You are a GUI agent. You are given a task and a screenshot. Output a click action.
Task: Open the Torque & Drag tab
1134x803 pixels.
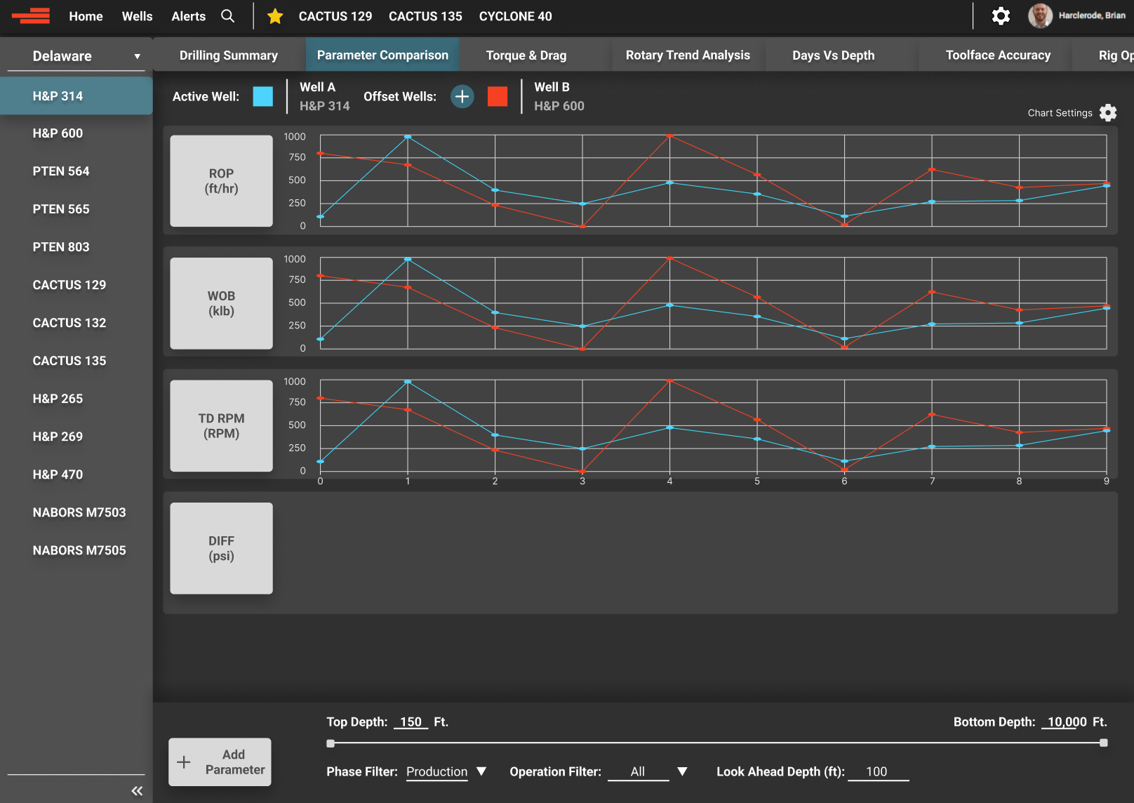pyautogui.click(x=526, y=55)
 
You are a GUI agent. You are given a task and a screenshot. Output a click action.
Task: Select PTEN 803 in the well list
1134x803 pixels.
pyautogui.click(x=61, y=247)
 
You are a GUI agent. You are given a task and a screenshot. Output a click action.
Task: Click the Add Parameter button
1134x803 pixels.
pyautogui.click(x=220, y=762)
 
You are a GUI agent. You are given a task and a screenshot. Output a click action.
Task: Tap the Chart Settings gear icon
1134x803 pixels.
pyautogui.click(x=1108, y=113)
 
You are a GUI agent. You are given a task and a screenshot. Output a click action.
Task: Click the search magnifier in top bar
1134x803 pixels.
pyautogui.click(x=227, y=16)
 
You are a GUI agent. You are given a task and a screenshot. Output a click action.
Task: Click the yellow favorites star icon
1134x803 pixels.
pyautogui.click(x=275, y=16)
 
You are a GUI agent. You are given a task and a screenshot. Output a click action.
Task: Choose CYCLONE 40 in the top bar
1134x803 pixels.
pyautogui.click(x=515, y=16)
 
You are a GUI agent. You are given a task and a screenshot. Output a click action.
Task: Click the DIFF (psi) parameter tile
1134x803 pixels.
pyautogui.click(x=221, y=548)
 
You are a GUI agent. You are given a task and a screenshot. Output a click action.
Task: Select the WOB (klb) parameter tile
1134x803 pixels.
pyautogui.click(x=221, y=303)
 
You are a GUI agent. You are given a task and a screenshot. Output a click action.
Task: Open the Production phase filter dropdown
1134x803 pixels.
pyautogui.click(x=446, y=771)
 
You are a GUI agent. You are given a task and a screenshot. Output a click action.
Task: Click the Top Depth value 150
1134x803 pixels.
pyautogui.click(x=411, y=722)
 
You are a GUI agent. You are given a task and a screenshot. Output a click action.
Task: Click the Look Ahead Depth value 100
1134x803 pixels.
pyautogui.click(x=876, y=771)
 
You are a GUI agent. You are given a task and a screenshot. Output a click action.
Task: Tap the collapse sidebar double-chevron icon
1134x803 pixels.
pyautogui.click(x=137, y=791)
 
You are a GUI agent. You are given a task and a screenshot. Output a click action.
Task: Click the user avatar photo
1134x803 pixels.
pyautogui.click(x=1040, y=15)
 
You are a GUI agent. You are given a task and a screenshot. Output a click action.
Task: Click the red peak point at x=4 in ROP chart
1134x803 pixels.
pyautogui.click(x=669, y=135)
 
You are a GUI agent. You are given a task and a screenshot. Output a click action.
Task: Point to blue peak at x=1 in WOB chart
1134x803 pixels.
pyautogui.click(x=408, y=259)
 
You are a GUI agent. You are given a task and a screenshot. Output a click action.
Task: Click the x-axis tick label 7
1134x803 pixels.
pyautogui.click(x=932, y=482)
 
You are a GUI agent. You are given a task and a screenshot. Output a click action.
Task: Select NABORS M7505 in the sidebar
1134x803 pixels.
pyautogui.click(x=79, y=550)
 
